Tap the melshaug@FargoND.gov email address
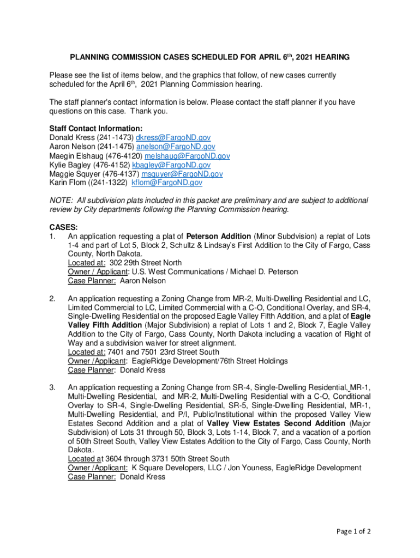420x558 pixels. tap(187, 156)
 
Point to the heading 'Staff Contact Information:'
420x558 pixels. tap(96, 129)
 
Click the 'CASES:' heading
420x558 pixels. tap(63, 227)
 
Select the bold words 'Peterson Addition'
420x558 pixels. tap(218, 236)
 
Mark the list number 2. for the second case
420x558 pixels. tap(52, 299)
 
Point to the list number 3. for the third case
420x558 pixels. tap(52, 387)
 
